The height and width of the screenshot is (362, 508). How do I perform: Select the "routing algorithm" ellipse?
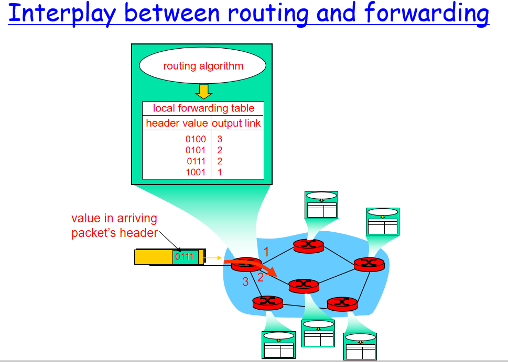click(x=203, y=66)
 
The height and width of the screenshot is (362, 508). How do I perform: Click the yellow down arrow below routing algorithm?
click(x=203, y=92)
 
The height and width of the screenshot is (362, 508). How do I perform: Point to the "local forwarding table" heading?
click(x=203, y=108)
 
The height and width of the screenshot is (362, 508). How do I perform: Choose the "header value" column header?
click(x=177, y=123)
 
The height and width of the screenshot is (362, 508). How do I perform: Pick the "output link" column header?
click(x=236, y=123)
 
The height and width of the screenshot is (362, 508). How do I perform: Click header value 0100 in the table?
click(x=196, y=139)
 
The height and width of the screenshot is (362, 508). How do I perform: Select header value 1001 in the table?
click(x=196, y=172)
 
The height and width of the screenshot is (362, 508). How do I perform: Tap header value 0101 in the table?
click(x=196, y=150)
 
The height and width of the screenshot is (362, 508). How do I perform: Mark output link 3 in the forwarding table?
click(x=220, y=139)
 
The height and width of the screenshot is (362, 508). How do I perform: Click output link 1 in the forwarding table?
click(x=220, y=172)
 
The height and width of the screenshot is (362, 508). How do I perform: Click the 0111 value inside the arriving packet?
click(x=185, y=257)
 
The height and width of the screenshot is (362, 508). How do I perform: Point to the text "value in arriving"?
click(x=114, y=219)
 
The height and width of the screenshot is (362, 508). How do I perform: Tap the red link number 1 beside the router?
click(x=266, y=252)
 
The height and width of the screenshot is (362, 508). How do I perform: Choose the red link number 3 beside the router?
click(x=245, y=282)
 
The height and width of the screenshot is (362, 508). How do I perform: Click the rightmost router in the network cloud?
click(x=369, y=264)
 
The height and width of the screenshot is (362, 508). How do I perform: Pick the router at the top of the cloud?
click(x=309, y=245)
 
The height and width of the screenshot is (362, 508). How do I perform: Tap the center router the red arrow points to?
click(x=304, y=285)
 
